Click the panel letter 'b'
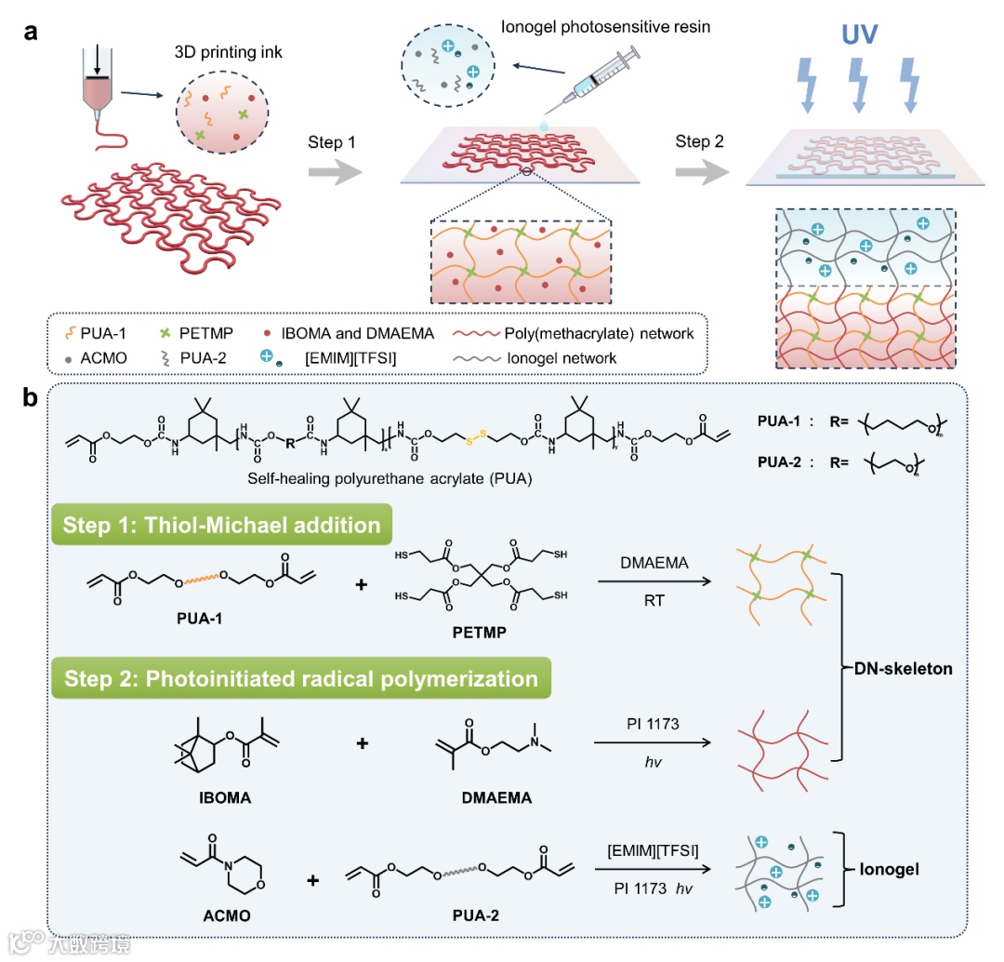click(32, 398)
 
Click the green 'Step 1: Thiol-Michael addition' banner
click(221, 525)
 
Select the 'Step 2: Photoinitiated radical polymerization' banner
click(300, 678)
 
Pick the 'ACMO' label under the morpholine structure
click(227, 915)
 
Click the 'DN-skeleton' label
click(905, 669)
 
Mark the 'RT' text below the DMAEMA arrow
click(651, 601)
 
